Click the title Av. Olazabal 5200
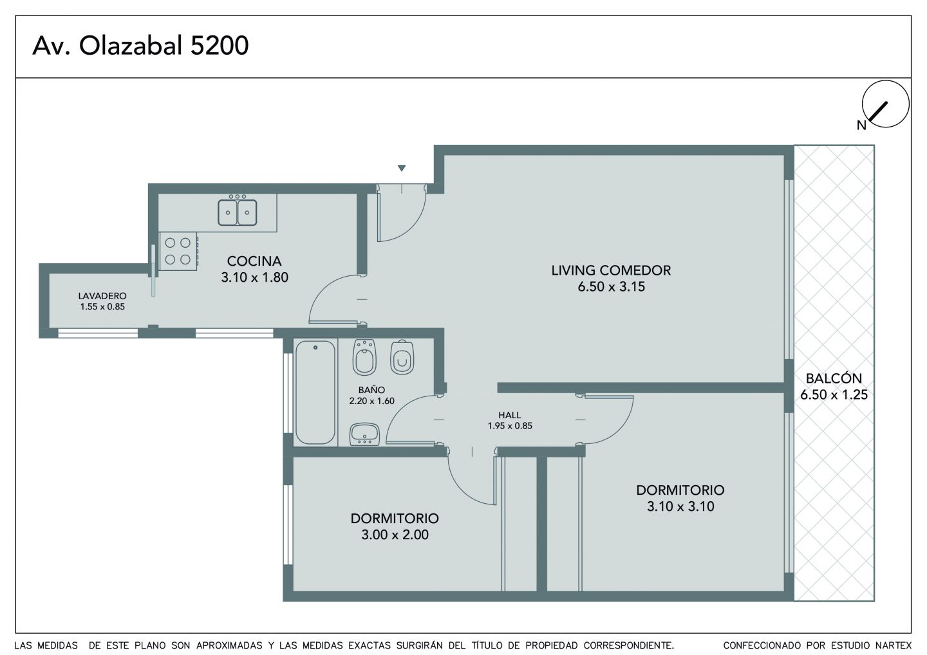[x=141, y=46]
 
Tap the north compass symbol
[x=885, y=104]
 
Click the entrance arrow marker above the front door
[x=402, y=169]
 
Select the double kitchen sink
[x=237, y=212]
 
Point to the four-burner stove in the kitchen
[x=178, y=251]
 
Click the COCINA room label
[x=254, y=261]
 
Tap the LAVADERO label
[x=102, y=296]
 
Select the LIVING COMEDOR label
[x=611, y=270]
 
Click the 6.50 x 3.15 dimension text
[x=612, y=286]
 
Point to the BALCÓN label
[x=834, y=378]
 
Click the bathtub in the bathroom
[x=315, y=392]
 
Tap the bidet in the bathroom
[x=364, y=357]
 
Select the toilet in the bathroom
[x=402, y=357]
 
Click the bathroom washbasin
[x=364, y=434]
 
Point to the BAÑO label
[x=371, y=389]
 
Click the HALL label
[x=509, y=415]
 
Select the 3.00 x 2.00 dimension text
[x=395, y=535]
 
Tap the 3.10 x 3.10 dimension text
[x=680, y=506]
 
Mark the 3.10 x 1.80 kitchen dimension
[x=254, y=277]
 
